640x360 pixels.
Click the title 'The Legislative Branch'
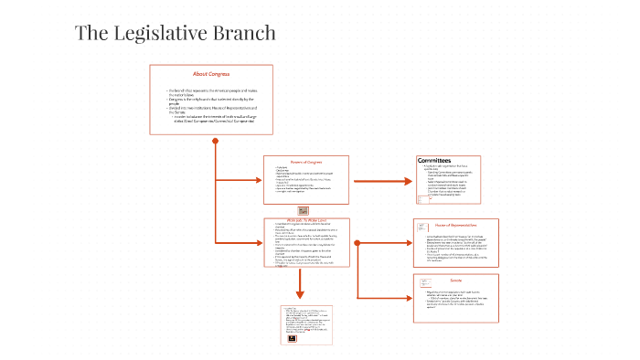point(175,34)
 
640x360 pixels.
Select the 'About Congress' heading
point(211,73)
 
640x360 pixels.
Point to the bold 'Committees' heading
point(434,161)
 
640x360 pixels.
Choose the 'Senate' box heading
point(454,280)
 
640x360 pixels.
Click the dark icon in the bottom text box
point(292,340)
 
